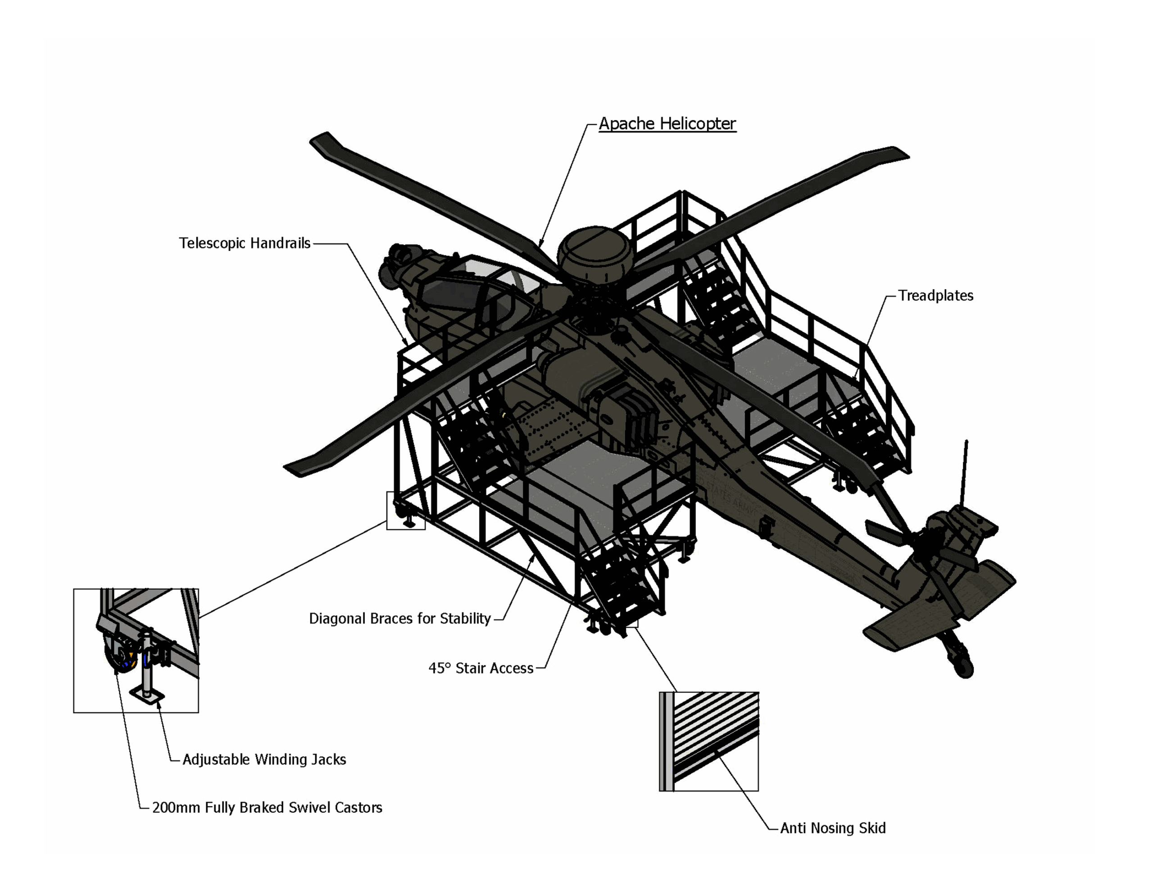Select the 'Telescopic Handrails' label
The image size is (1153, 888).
point(245,243)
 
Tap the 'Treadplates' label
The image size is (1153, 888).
point(935,296)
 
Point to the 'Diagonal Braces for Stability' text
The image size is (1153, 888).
point(399,618)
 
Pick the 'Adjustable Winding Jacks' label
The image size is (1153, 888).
point(264,759)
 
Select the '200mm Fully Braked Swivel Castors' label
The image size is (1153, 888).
point(267,807)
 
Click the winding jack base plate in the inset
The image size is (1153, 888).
point(147,696)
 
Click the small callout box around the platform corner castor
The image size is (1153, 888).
point(405,510)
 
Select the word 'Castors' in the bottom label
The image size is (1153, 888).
point(358,807)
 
